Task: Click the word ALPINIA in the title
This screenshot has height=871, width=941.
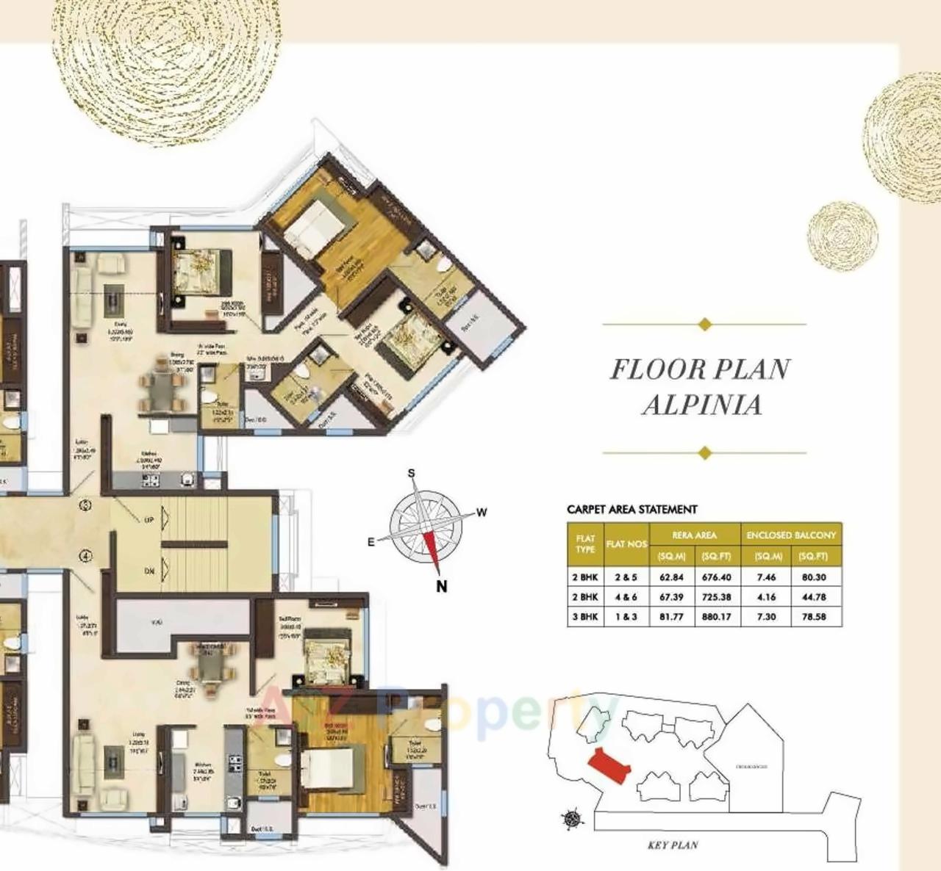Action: (702, 405)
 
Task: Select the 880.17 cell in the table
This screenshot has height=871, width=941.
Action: (716, 617)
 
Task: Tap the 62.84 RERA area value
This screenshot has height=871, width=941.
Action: (671, 577)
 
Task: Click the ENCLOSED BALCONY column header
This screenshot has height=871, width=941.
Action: (791, 535)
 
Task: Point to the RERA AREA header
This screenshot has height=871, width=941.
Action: (694, 535)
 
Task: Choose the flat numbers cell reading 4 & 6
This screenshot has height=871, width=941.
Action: (626, 597)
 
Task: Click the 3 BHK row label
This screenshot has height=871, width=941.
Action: (585, 617)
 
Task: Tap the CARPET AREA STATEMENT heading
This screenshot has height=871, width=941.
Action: (631, 509)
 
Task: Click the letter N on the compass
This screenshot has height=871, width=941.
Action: (442, 586)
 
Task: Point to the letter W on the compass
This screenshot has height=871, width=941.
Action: (482, 513)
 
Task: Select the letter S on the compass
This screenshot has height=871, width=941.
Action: (412, 474)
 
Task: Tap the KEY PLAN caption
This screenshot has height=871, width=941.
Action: (673, 845)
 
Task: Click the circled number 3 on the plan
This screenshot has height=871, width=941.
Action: (87, 505)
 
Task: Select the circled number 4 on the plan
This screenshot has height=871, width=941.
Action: (87, 556)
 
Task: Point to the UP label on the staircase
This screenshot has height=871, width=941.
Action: (149, 520)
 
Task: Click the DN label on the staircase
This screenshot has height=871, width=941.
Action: (149, 570)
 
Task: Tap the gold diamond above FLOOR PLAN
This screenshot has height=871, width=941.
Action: (704, 324)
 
